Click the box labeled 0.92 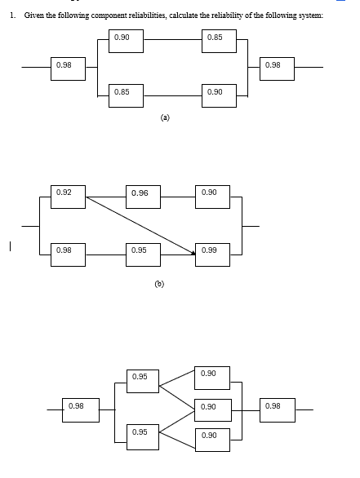coord(68,196)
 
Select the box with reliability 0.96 coord(143,196)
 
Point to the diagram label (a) coord(165,117)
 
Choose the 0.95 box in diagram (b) coord(143,252)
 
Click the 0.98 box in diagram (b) coord(68,252)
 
